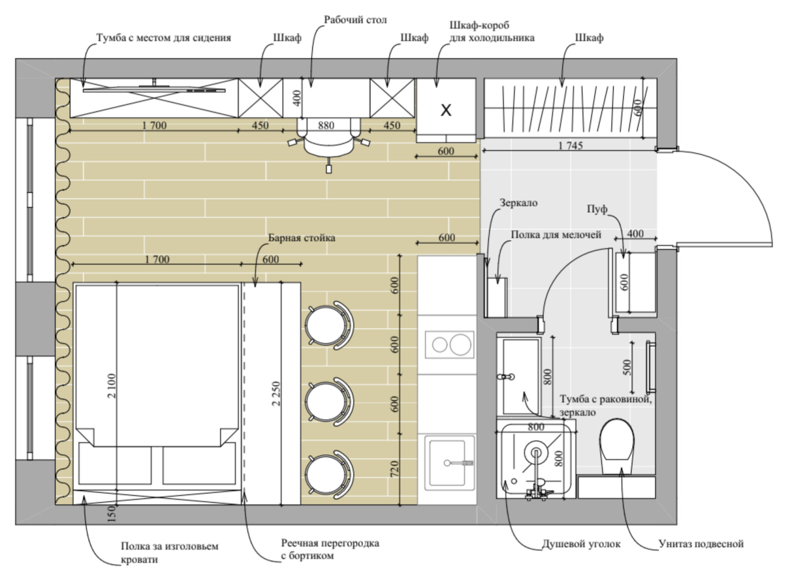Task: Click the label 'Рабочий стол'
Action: pyautogui.click(x=355, y=20)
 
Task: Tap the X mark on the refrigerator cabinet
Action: pyautogui.click(x=446, y=110)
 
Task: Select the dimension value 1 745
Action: pyautogui.click(x=570, y=145)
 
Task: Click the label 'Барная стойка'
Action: pyautogui.click(x=302, y=238)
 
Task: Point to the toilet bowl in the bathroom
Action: pyautogui.click(x=617, y=446)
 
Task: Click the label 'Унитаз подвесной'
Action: pyautogui.click(x=701, y=544)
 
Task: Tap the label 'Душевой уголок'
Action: pyautogui.click(x=581, y=544)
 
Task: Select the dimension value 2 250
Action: pyautogui.click(x=276, y=393)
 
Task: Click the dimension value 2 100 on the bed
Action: pyautogui.click(x=111, y=386)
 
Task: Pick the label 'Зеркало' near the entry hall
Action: pyautogui.click(x=519, y=203)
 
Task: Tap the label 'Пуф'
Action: pyautogui.click(x=597, y=209)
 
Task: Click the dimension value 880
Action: pyautogui.click(x=326, y=125)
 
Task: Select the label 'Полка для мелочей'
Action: pyautogui.click(x=556, y=234)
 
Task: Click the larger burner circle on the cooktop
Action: pyautogui.click(x=460, y=344)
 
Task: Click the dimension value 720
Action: pyautogui.click(x=394, y=469)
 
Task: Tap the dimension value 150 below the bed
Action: pyautogui.click(x=111, y=514)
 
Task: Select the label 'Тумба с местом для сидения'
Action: pyautogui.click(x=164, y=37)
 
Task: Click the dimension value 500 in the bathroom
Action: pyautogui.click(x=627, y=367)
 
